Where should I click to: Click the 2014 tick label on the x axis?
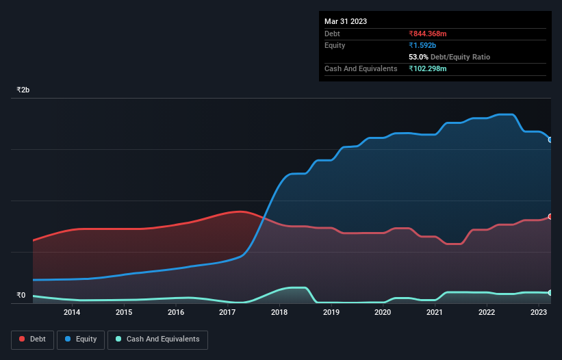[x=72, y=313]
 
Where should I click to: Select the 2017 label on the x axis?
[x=227, y=313]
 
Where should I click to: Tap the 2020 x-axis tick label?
[x=383, y=313]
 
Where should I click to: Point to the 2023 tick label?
[x=539, y=313]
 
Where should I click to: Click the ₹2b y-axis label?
[x=23, y=90]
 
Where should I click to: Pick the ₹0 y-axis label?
[x=21, y=296]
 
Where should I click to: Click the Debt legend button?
[x=32, y=339]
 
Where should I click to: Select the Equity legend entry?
[x=81, y=339]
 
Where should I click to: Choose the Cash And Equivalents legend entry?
[x=157, y=339]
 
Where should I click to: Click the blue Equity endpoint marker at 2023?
[x=550, y=140]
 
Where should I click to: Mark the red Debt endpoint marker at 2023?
[x=550, y=216]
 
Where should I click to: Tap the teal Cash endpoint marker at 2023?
[x=550, y=293]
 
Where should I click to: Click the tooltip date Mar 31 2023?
[x=346, y=21]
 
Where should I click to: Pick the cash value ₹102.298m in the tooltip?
[x=432, y=68]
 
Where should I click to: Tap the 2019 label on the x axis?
[x=331, y=313]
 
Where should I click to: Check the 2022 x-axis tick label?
[x=487, y=313]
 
